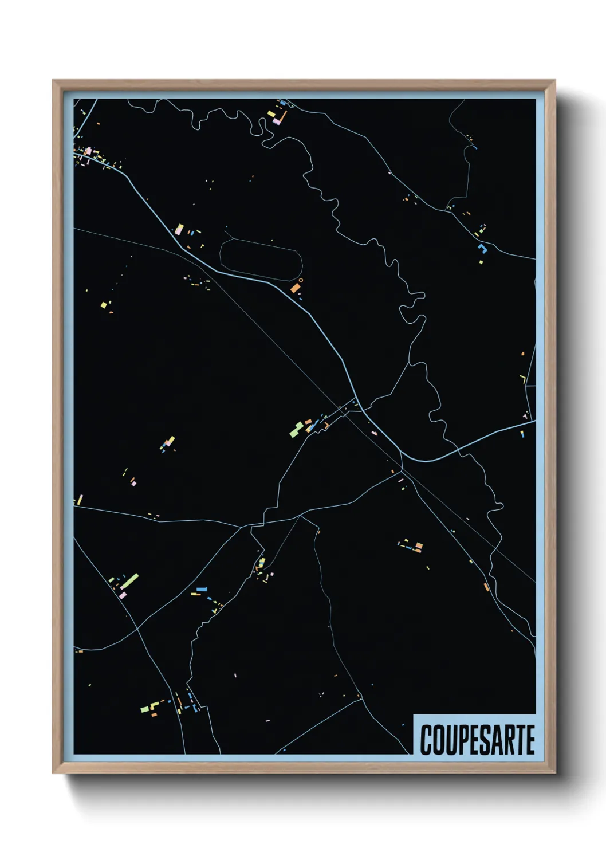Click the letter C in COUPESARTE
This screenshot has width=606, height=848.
[427, 740]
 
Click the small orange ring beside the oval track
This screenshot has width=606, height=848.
[301, 280]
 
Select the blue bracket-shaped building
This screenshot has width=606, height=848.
[482, 248]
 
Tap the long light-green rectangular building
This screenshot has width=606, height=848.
[129, 581]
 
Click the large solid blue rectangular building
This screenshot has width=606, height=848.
[202, 589]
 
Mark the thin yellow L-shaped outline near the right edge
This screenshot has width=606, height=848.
[523, 379]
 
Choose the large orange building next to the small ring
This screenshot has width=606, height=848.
[295, 288]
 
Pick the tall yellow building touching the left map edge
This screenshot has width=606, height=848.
[80, 500]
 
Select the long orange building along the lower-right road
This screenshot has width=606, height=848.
[486, 587]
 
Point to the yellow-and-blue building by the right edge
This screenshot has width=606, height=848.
[522, 434]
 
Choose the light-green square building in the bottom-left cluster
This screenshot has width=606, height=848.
[145, 709]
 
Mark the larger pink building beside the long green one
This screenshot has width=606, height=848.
[123, 595]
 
